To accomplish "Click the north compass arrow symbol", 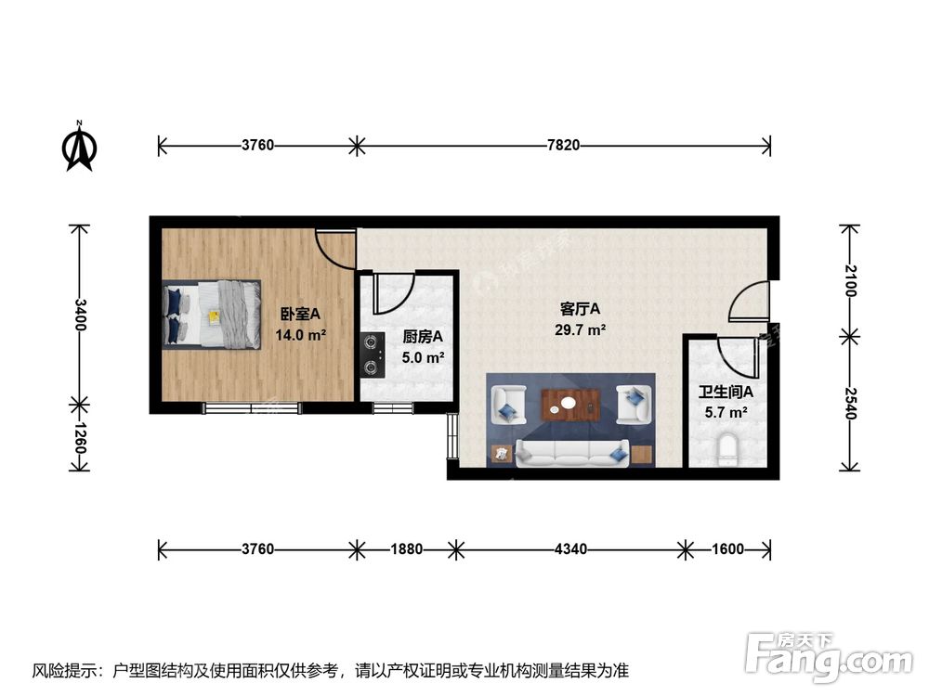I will point(81,148).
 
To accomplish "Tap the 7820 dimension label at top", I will point(563,145).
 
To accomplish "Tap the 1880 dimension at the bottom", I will point(405,548).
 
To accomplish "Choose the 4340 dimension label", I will point(569,548).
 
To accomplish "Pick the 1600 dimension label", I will point(727,548).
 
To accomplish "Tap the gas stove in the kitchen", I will point(373,354).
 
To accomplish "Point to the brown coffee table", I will point(570,404).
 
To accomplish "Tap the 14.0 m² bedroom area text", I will point(300,335).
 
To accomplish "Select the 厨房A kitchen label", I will point(423,338).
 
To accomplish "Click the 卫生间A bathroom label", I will point(726,393).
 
